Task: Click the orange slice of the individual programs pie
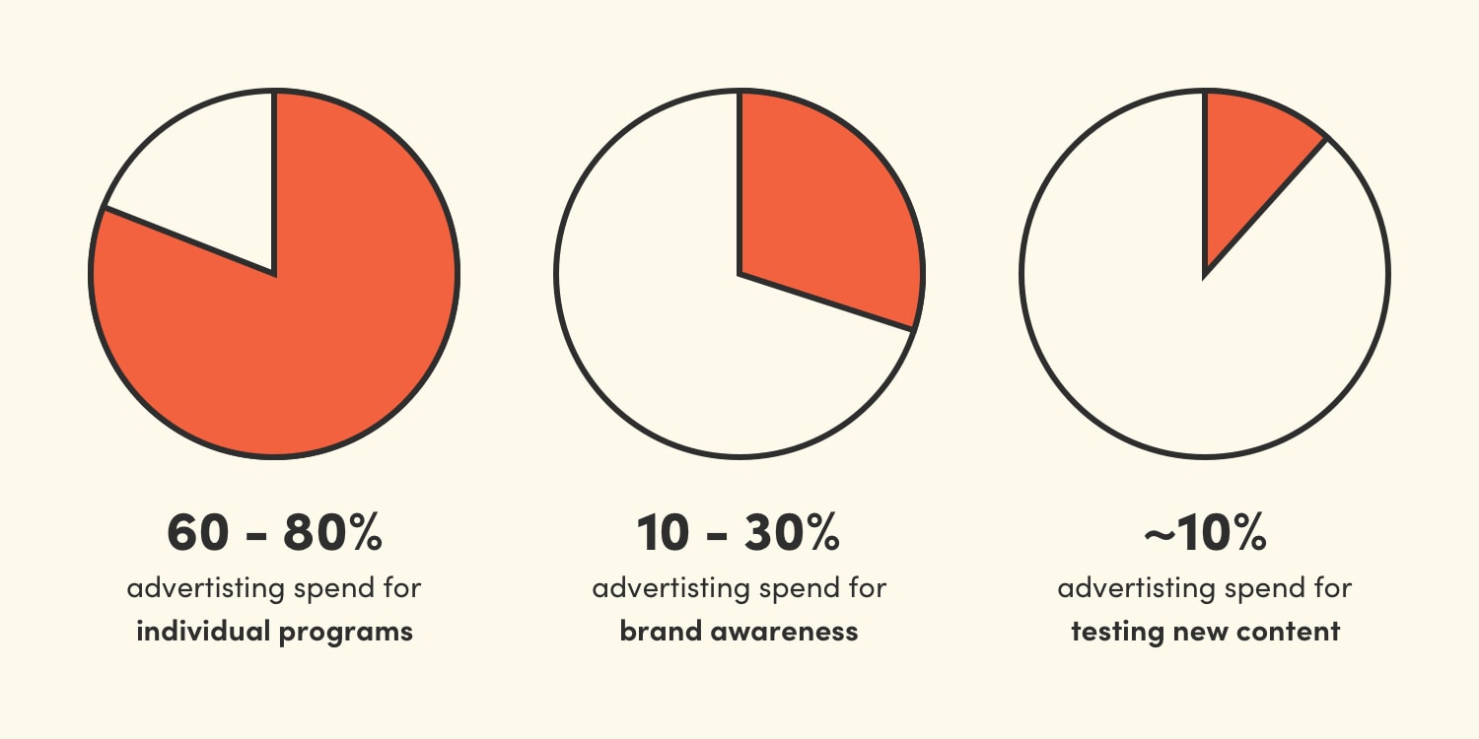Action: point(296,335)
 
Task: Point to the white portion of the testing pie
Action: point(1183,355)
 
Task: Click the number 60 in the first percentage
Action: point(198,533)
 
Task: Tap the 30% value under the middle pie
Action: point(790,533)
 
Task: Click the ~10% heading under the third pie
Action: point(1205,533)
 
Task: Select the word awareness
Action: point(783,632)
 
